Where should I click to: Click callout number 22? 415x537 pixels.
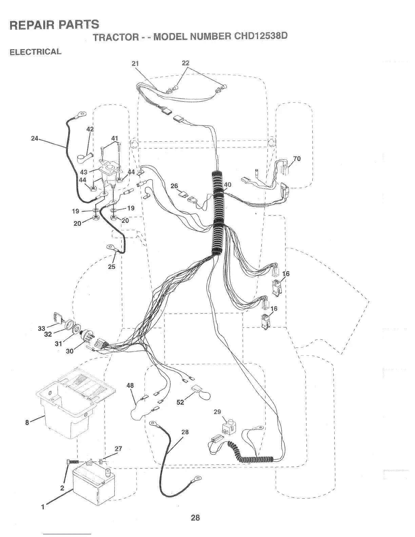[185, 63]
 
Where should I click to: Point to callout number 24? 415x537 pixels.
[34, 138]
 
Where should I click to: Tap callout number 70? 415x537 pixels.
[297, 159]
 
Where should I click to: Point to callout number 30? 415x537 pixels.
[70, 351]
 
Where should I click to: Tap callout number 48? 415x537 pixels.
[130, 385]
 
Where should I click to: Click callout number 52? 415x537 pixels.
[180, 402]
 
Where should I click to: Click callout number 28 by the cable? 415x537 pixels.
[185, 432]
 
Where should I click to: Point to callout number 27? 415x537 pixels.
[118, 449]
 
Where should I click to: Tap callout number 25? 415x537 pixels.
[112, 266]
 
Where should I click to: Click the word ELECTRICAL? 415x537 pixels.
[35, 52]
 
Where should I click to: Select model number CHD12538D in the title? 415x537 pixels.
[260, 36]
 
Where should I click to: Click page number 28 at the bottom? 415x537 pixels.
[195, 518]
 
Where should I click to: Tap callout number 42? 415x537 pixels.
[90, 130]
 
